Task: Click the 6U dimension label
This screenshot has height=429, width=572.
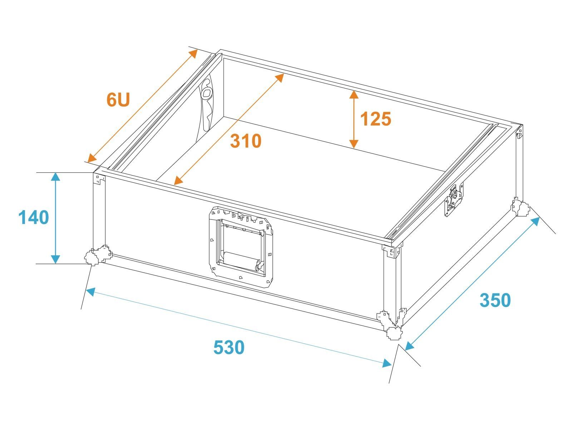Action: point(118,99)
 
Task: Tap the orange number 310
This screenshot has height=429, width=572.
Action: point(246,141)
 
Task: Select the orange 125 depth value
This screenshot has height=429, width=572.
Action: point(375,119)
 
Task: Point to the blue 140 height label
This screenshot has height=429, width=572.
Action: point(34,217)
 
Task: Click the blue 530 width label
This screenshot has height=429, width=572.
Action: point(229,347)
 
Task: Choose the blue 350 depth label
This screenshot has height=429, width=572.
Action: point(495,300)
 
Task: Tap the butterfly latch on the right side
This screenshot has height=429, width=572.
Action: point(454,199)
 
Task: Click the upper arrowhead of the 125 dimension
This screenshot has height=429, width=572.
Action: point(354,94)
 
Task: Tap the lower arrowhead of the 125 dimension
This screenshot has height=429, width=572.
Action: point(354,144)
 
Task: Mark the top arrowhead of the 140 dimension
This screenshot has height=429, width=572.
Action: point(55,177)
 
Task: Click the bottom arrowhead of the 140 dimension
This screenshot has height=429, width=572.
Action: point(55,259)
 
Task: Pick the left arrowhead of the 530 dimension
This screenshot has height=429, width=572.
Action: point(90,291)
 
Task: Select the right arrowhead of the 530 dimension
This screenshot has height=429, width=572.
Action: point(387,363)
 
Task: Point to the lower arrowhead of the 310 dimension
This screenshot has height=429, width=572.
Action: point(178,181)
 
